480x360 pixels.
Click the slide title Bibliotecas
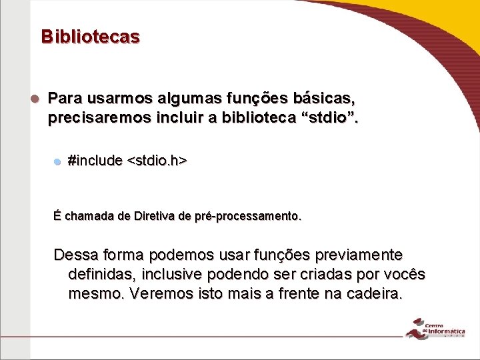(x=90, y=36)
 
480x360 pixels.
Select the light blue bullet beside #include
(x=58, y=161)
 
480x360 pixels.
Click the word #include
(x=95, y=161)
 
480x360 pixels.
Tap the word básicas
(x=326, y=100)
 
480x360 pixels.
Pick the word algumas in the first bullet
(x=183, y=100)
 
